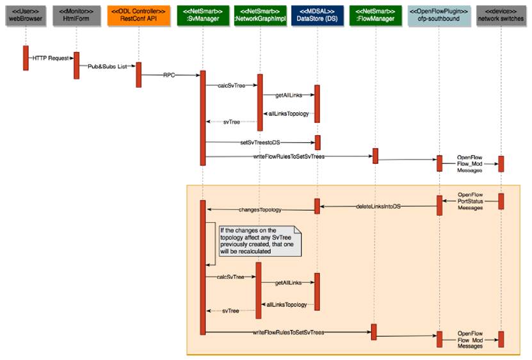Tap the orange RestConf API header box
point(138,15)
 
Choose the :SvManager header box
point(202,15)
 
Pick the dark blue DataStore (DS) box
point(317,15)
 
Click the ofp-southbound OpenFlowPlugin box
point(439,15)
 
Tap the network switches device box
point(501,15)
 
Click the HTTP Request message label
point(49,58)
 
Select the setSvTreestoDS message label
point(260,142)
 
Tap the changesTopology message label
point(260,209)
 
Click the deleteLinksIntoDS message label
point(379,206)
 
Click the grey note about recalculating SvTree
point(260,241)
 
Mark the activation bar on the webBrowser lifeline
point(26,57)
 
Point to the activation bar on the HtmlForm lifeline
point(77,65)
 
